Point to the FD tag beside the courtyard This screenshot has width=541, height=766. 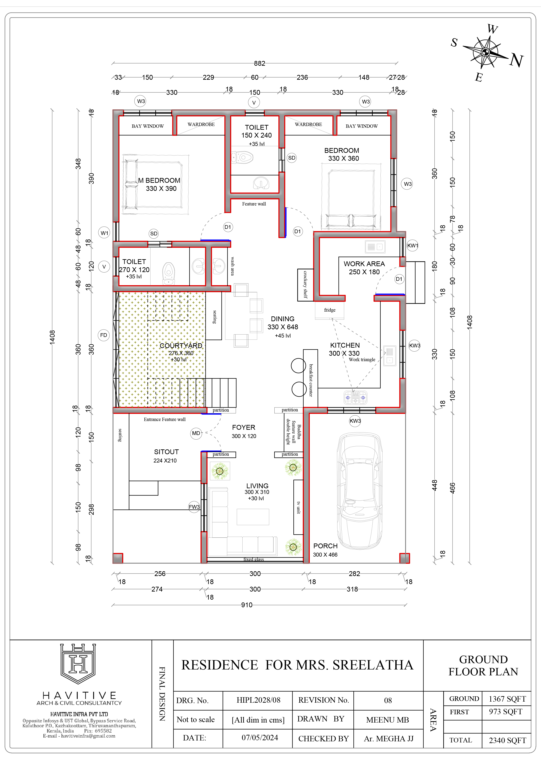[x=104, y=335]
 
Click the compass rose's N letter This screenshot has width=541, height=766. [x=516, y=60]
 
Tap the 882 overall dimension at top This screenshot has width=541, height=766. [x=259, y=63]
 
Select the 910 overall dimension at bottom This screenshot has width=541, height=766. [x=247, y=605]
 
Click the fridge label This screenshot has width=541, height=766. [x=330, y=310]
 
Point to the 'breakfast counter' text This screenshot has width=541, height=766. [x=311, y=380]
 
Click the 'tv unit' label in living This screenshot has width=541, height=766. [x=298, y=507]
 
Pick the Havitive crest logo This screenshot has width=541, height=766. [x=78, y=664]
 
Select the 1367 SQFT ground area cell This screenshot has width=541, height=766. [x=507, y=699]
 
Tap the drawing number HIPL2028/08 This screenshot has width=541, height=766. [x=258, y=700]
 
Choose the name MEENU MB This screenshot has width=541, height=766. [x=387, y=720]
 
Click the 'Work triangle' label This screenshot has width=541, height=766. [x=362, y=360]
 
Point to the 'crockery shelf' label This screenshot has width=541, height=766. [x=305, y=284]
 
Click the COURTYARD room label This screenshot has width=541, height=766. [x=181, y=346]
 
